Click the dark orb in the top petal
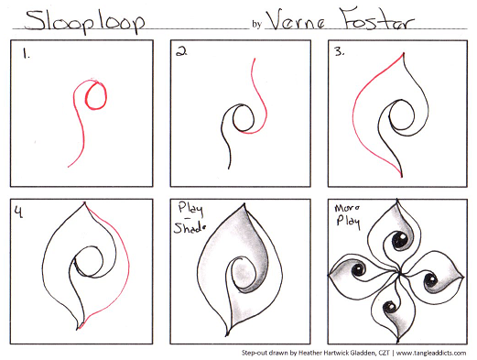pos(400,242)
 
